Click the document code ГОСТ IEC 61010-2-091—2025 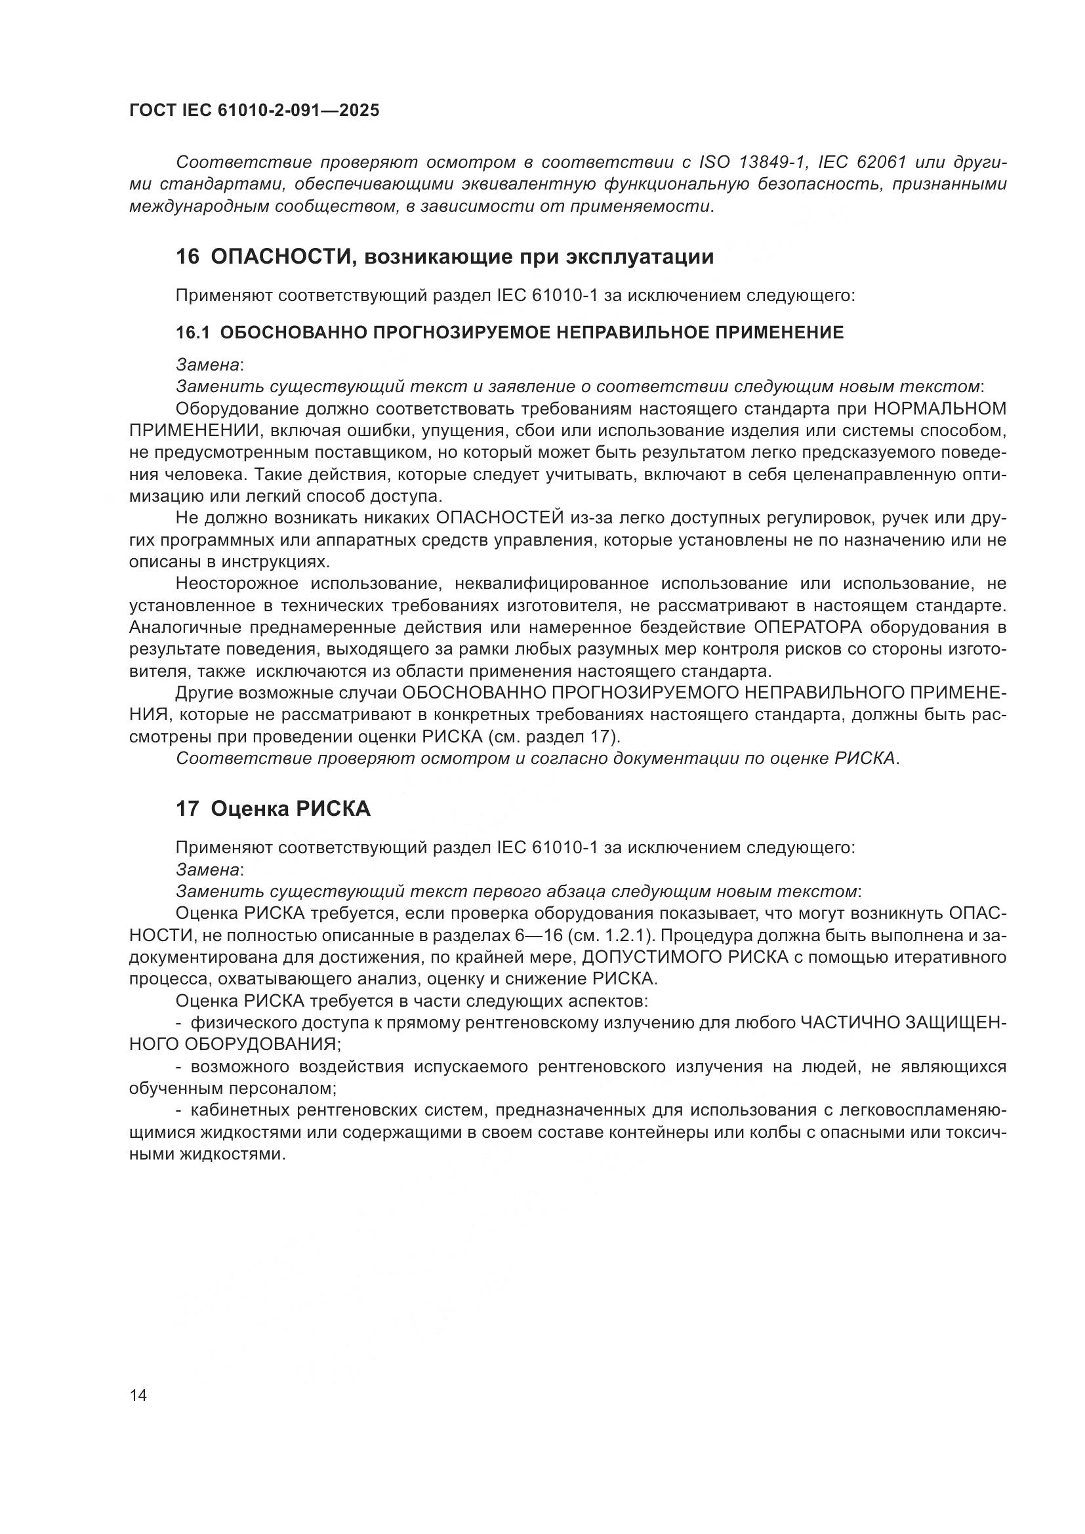(x=254, y=111)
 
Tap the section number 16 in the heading (x=187, y=257)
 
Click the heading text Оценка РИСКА (x=291, y=809)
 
